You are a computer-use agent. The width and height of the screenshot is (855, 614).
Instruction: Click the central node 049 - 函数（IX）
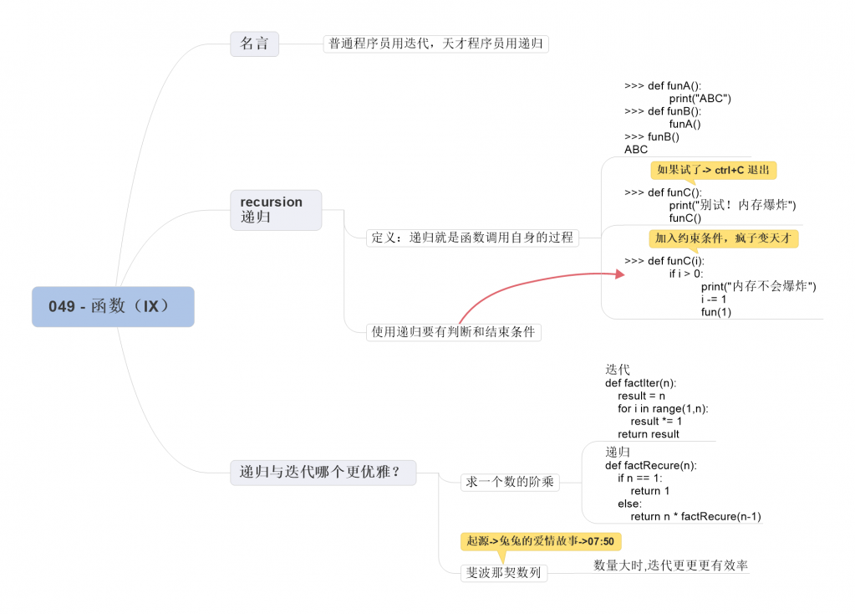pos(113,306)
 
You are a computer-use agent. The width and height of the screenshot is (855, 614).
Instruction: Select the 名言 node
pos(254,43)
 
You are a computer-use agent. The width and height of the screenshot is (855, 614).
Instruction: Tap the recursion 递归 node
pos(275,210)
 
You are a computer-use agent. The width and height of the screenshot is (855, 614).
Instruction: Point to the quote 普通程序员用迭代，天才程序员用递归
pos(435,43)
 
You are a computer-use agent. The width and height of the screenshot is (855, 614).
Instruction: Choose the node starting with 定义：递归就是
pos(473,238)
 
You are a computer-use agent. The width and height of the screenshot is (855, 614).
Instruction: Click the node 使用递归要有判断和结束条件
pos(455,332)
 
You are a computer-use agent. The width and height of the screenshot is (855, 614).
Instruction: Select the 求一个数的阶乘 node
pos(510,482)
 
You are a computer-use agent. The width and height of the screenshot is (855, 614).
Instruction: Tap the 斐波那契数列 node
pos(503,573)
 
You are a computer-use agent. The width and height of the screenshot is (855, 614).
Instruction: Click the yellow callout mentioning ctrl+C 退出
pos(713,170)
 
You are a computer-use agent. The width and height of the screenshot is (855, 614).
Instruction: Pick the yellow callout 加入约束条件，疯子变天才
pos(724,238)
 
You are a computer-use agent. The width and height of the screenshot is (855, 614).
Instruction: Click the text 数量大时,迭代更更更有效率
pos(670,565)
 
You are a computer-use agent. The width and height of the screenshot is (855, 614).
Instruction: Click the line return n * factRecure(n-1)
pos(695,516)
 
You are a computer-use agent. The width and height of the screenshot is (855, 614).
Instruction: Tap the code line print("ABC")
pos(700,99)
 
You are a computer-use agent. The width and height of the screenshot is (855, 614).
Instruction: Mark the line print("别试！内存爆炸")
pos(732,205)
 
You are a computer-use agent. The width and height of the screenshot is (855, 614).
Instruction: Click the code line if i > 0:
pos(685,274)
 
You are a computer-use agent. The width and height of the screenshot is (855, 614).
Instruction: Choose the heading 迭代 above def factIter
pos(618,369)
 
